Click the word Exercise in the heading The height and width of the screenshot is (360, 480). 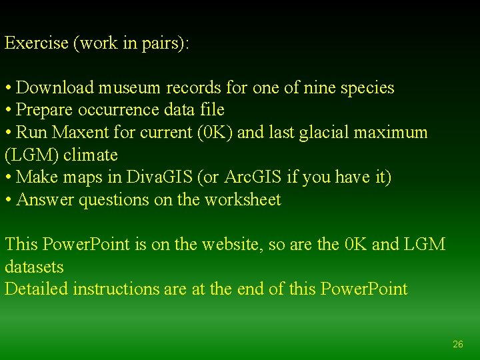[x=37, y=43]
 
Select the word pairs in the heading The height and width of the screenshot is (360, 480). [x=167, y=44]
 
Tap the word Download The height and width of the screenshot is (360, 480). [x=57, y=88]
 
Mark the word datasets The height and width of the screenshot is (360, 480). [x=34, y=267]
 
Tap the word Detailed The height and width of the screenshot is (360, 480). [x=37, y=289]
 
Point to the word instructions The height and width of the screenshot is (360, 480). [x=116, y=289]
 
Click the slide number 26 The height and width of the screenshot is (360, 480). [x=457, y=344]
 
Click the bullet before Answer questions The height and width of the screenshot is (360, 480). [x=9, y=200]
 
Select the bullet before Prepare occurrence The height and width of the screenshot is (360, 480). [x=9, y=110]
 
